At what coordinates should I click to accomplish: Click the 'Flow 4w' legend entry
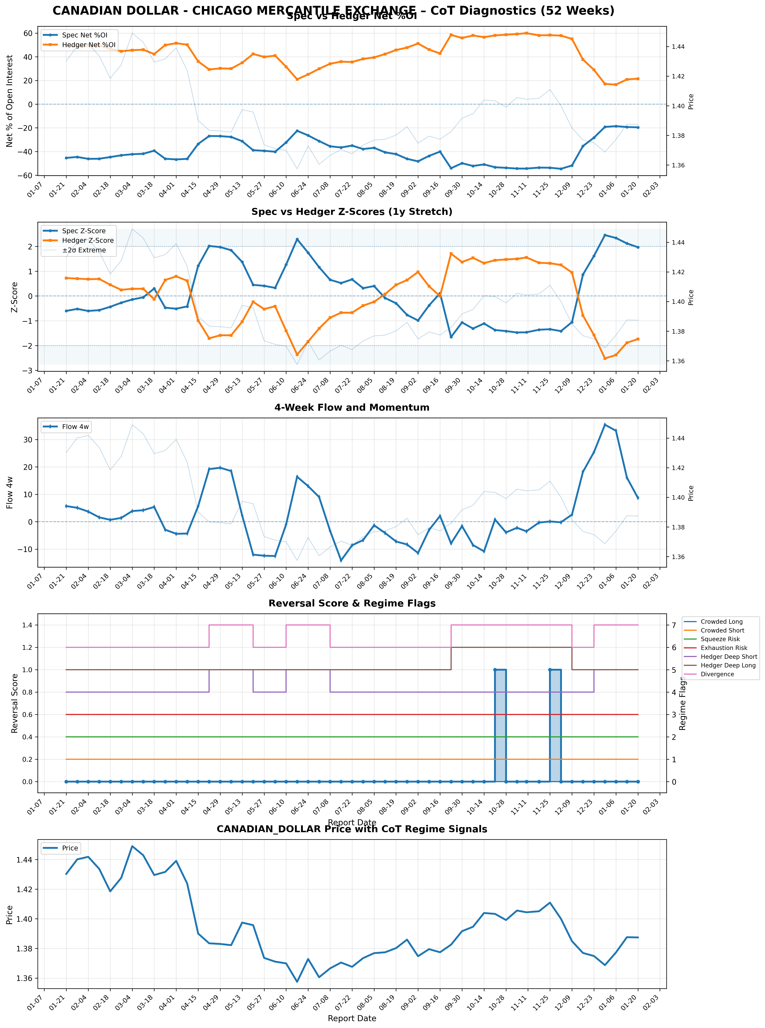click(x=75, y=427)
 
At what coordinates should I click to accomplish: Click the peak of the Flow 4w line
click(x=605, y=424)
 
